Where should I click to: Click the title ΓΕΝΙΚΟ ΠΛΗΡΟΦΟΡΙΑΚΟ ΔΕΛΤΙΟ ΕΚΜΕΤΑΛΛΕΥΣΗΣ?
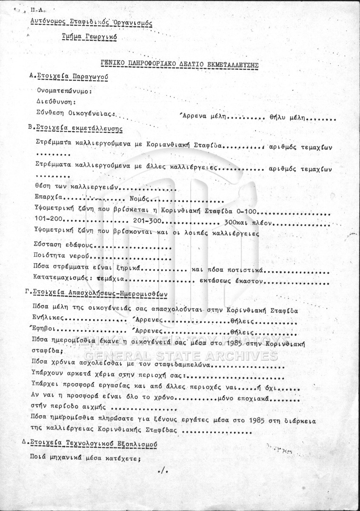[x=180, y=64]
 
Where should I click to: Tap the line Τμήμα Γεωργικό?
[x=89, y=37]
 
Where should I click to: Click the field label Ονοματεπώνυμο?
[x=64, y=91]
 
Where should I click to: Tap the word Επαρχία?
[x=48, y=197]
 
